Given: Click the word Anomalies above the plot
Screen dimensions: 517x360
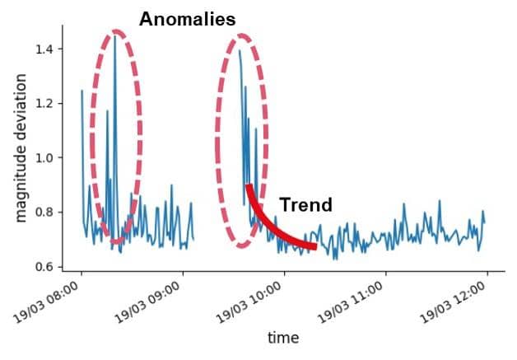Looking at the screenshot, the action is pyautogui.click(x=187, y=19).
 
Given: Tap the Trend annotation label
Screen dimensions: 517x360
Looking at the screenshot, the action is pyautogui.click(x=305, y=204).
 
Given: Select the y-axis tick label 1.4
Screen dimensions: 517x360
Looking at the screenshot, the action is pyautogui.click(x=44, y=49).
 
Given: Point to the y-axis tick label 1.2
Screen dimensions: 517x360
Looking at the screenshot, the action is pyautogui.click(x=44, y=104).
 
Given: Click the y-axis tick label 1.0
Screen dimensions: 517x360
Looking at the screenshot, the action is pyautogui.click(x=44, y=157).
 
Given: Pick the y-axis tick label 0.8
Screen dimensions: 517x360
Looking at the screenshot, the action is pyautogui.click(x=44, y=213).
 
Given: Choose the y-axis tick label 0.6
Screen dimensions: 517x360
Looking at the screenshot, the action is pyautogui.click(x=44, y=267).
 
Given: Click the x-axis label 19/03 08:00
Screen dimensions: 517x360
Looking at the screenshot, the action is pyautogui.click(x=46, y=302).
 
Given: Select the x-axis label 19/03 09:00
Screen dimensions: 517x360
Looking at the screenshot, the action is pyautogui.click(x=147, y=302).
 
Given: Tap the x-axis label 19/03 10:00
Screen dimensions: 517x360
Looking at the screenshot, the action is pyautogui.click(x=249, y=302).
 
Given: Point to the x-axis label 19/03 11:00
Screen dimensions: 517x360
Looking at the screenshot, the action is pyautogui.click(x=351, y=302).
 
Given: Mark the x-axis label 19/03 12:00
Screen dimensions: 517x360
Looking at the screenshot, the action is pyautogui.click(x=453, y=302).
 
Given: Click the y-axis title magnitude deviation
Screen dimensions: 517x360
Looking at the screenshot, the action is pyautogui.click(x=21, y=148).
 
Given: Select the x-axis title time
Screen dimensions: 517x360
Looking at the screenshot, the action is pyautogui.click(x=283, y=338).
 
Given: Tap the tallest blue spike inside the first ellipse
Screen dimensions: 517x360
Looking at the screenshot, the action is pyautogui.click(x=114, y=36).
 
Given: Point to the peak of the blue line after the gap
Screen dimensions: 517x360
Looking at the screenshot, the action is pyautogui.click(x=240, y=50).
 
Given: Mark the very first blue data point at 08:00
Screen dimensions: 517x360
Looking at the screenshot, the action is pyautogui.click(x=82, y=91).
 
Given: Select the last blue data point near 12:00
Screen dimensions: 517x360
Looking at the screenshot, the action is pyautogui.click(x=484, y=222).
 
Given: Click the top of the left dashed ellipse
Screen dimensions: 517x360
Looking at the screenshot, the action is pyautogui.click(x=116, y=31).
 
